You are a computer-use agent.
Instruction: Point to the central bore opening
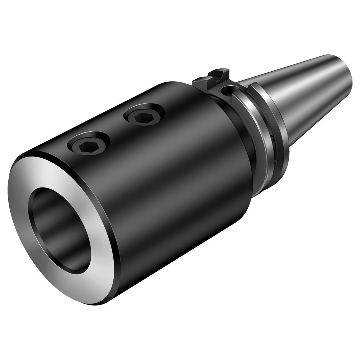59,230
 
